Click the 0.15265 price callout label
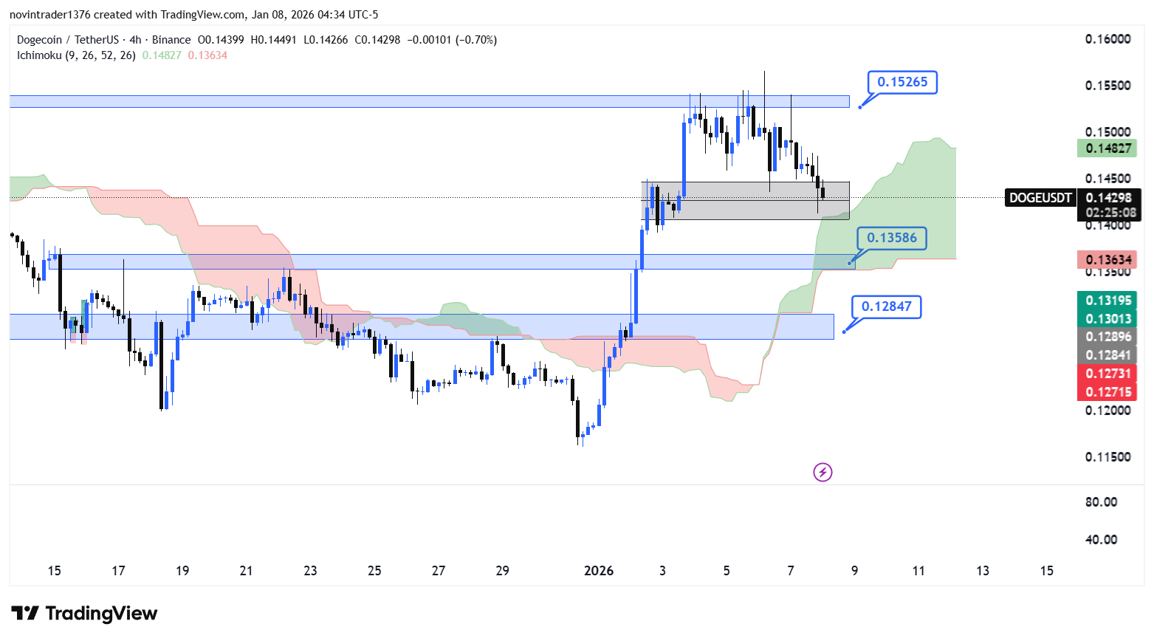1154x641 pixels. pos(902,82)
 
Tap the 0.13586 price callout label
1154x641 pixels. pos(891,238)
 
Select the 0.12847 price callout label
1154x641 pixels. pos(886,306)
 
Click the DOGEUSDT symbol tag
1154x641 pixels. pos(1040,198)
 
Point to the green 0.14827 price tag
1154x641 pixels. pos(1107,148)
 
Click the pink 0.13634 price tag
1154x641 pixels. pos(1107,260)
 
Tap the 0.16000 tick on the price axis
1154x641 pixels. pos(1107,39)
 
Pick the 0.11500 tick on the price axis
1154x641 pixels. pos(1107,457)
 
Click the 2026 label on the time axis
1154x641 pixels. pos(599,571)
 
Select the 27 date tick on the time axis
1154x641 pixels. pos(439,571)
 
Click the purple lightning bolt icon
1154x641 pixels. pos(822,472)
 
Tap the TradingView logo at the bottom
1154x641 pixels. pos(85,614)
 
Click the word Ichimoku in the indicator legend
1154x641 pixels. pos(39,55)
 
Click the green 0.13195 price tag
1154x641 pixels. pos(1107,301)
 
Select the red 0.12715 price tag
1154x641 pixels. pos(1107,392)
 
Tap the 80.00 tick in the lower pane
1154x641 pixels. pos(1101,502)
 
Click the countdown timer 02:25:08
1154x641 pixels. pos(1110,213)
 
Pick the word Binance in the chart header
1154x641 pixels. pos(171,40)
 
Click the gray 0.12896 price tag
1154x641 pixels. pos(1107,337)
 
